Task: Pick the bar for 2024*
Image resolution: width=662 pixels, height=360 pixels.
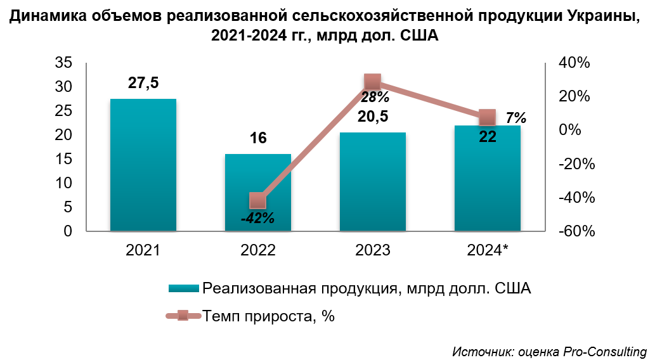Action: click(488, 184)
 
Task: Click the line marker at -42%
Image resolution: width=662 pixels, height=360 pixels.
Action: click(258, 201)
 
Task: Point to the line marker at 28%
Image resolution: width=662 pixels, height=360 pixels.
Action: click(373, 82)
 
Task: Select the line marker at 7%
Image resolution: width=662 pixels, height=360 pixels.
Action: click(487, 117)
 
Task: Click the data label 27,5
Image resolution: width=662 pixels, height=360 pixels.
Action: click(143, 83)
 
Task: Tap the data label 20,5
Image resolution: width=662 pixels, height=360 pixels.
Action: click(373, 117)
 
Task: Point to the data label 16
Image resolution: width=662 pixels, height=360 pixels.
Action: click(258, 139)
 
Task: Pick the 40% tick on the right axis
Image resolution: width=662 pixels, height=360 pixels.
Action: click(574, 63)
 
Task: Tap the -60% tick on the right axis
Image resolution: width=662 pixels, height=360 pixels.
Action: click(577, 231)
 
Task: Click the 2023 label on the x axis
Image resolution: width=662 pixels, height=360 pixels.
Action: click(373, 250)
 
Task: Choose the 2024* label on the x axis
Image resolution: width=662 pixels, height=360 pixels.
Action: click(488, 250)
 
